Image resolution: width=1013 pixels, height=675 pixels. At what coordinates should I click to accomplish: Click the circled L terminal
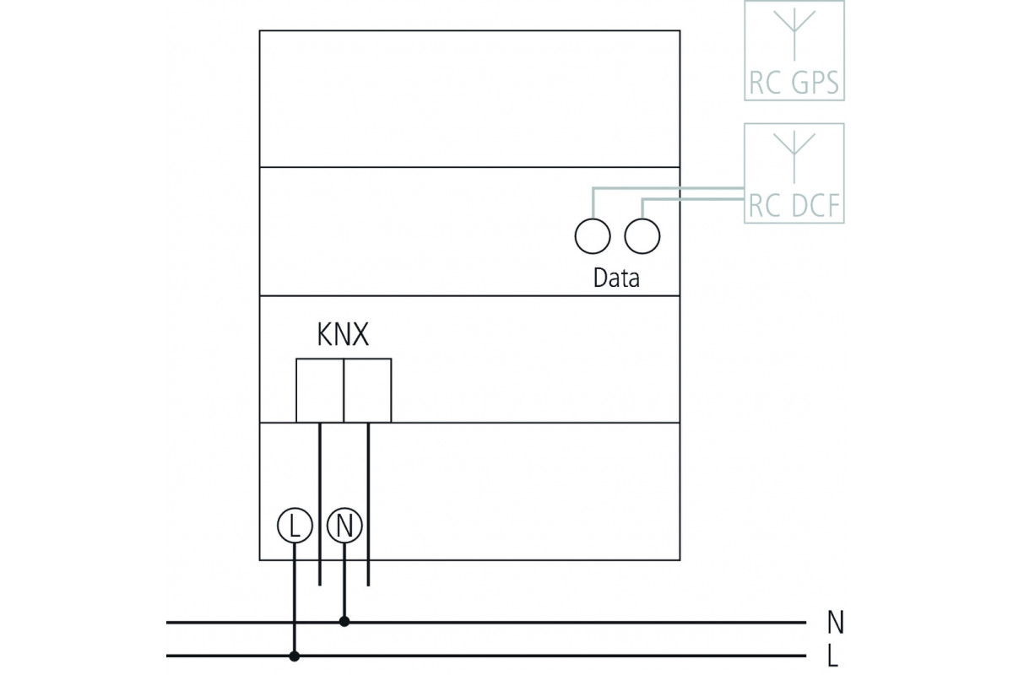click(294, 526)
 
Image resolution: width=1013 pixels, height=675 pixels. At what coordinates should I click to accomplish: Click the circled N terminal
click(344, 526)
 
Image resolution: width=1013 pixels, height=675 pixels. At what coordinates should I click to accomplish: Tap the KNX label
click(343, 336)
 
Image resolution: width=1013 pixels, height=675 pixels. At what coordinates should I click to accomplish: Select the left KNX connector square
click(320, 390)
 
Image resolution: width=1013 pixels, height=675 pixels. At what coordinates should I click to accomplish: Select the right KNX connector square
click(368, 390)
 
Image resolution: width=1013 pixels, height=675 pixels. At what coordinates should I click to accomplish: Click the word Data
click(616, 278)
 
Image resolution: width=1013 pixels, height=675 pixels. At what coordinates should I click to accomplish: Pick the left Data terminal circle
click(592, 235)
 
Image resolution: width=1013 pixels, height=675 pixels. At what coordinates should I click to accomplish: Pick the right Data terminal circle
click(642, 235)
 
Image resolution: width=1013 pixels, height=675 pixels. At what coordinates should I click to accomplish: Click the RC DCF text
click(794, 207)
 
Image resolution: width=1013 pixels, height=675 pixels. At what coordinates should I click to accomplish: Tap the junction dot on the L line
click(294, 656)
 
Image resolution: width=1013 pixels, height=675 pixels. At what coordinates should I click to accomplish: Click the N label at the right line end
click(835, 624)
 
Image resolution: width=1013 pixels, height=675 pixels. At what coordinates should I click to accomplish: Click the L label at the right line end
click(833, 656)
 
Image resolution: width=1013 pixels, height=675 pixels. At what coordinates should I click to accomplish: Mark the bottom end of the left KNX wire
click(319, 583)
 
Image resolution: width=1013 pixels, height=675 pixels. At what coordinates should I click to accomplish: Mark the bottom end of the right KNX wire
click(369, 583)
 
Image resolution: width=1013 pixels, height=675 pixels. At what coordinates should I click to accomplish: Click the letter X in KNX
click(360, 336)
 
